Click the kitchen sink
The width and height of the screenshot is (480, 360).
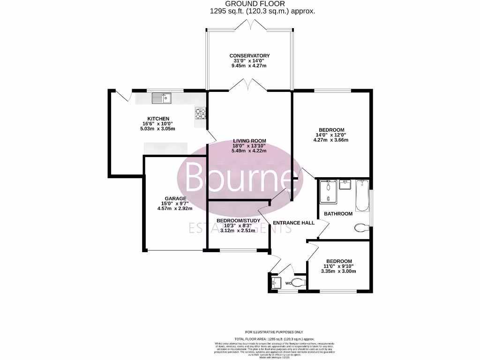click(x=161, y=98)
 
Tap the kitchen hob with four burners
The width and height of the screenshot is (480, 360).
click(x=201, y=113)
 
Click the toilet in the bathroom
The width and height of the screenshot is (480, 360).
click(x=361, y=228)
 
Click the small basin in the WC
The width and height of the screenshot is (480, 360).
click(x=275, y=282)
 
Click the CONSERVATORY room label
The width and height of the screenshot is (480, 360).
click(x=249, y=56)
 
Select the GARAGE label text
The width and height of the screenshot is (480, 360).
click(x=175, y=198)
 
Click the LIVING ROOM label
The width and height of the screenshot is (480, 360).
click(x=250, y=141)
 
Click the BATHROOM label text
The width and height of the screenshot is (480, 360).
click(x=338, y=214)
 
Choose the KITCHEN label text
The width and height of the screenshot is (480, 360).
click(x=158, y=119)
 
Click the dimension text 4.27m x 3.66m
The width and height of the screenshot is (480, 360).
click(x=331, y=140)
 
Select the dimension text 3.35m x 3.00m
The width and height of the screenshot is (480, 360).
click(x=339, y=271)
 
